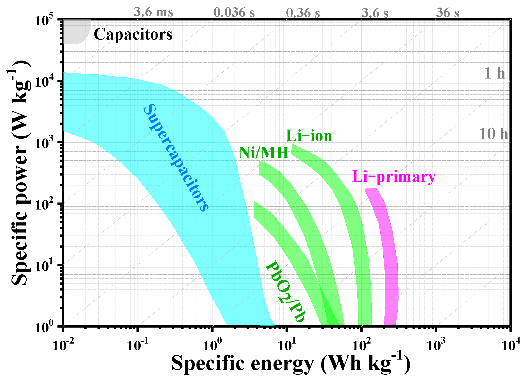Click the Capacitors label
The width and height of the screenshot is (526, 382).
[133, 35]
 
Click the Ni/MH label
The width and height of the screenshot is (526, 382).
[263, 153]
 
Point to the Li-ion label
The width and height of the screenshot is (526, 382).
[309, 136]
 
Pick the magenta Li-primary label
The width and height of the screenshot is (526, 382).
[394, 177]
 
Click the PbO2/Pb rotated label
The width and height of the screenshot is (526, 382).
[285, 292]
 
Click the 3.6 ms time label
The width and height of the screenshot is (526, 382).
[153, 12]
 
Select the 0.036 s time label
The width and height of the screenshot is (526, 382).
[234, 13]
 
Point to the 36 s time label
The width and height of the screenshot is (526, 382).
[448, 13]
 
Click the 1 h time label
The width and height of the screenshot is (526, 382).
[495, 73]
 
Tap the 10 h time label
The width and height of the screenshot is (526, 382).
[493, 134]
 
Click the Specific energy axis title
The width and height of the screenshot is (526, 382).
[291, 364]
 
